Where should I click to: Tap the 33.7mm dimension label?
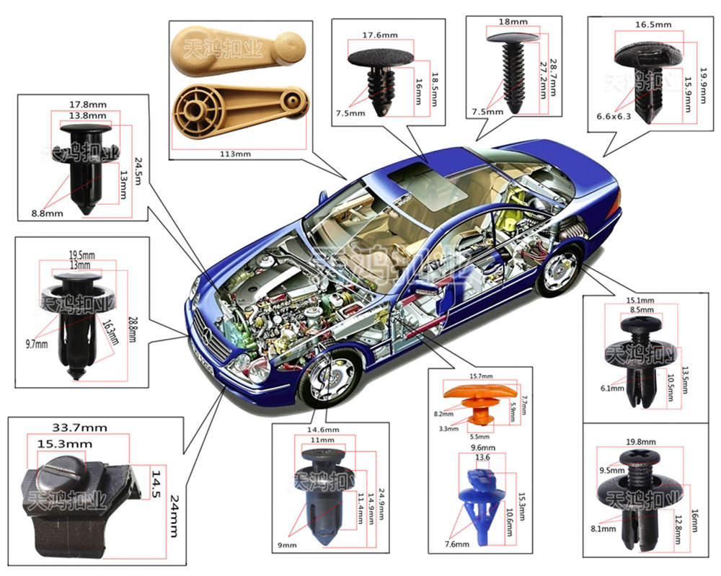pos(80,427)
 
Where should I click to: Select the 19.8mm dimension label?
pos(642,442)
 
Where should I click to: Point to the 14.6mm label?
pos(322,430)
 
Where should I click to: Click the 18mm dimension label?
pos(512,22)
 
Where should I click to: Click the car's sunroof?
pos(411,177)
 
